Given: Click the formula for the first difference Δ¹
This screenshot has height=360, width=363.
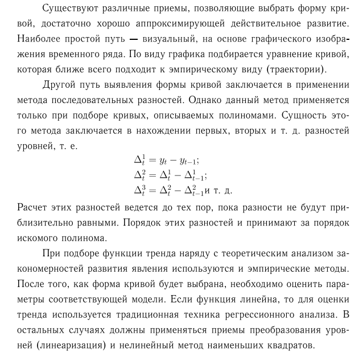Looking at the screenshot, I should [164, 160].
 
